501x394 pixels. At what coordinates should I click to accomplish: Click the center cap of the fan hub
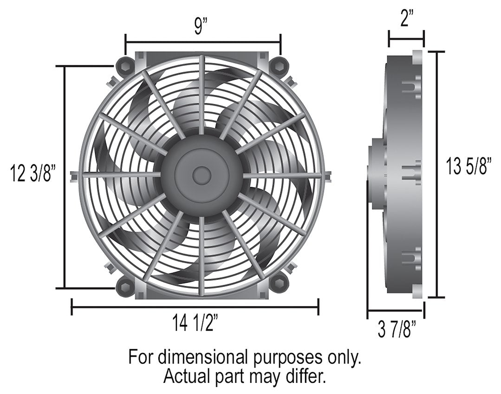tap(201, 175)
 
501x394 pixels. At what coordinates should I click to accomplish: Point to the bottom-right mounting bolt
tap(280, 285)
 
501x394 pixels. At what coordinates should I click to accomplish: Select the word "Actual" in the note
tap(186, 376)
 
